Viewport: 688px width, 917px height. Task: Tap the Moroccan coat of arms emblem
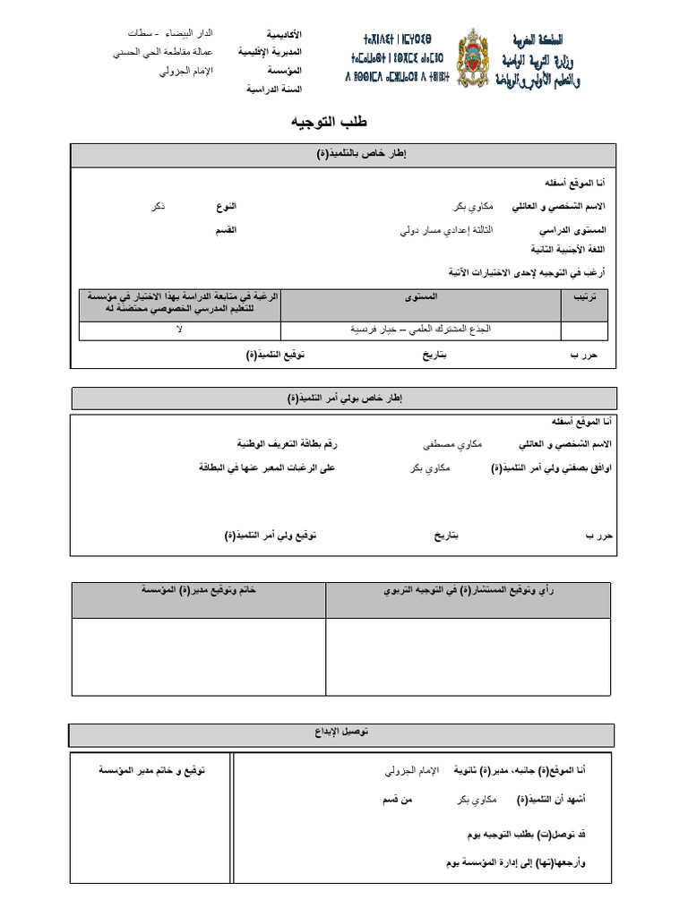point(475,59)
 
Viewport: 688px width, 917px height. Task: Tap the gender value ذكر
point(158,206)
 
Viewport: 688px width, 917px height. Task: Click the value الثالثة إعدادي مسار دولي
point(444,229)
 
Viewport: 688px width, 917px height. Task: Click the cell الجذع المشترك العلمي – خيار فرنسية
point(421,330)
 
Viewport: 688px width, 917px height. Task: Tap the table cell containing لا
point(179,330)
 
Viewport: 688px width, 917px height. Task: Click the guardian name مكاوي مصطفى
point(452,444)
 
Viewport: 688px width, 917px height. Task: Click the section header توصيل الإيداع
point(344,733)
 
